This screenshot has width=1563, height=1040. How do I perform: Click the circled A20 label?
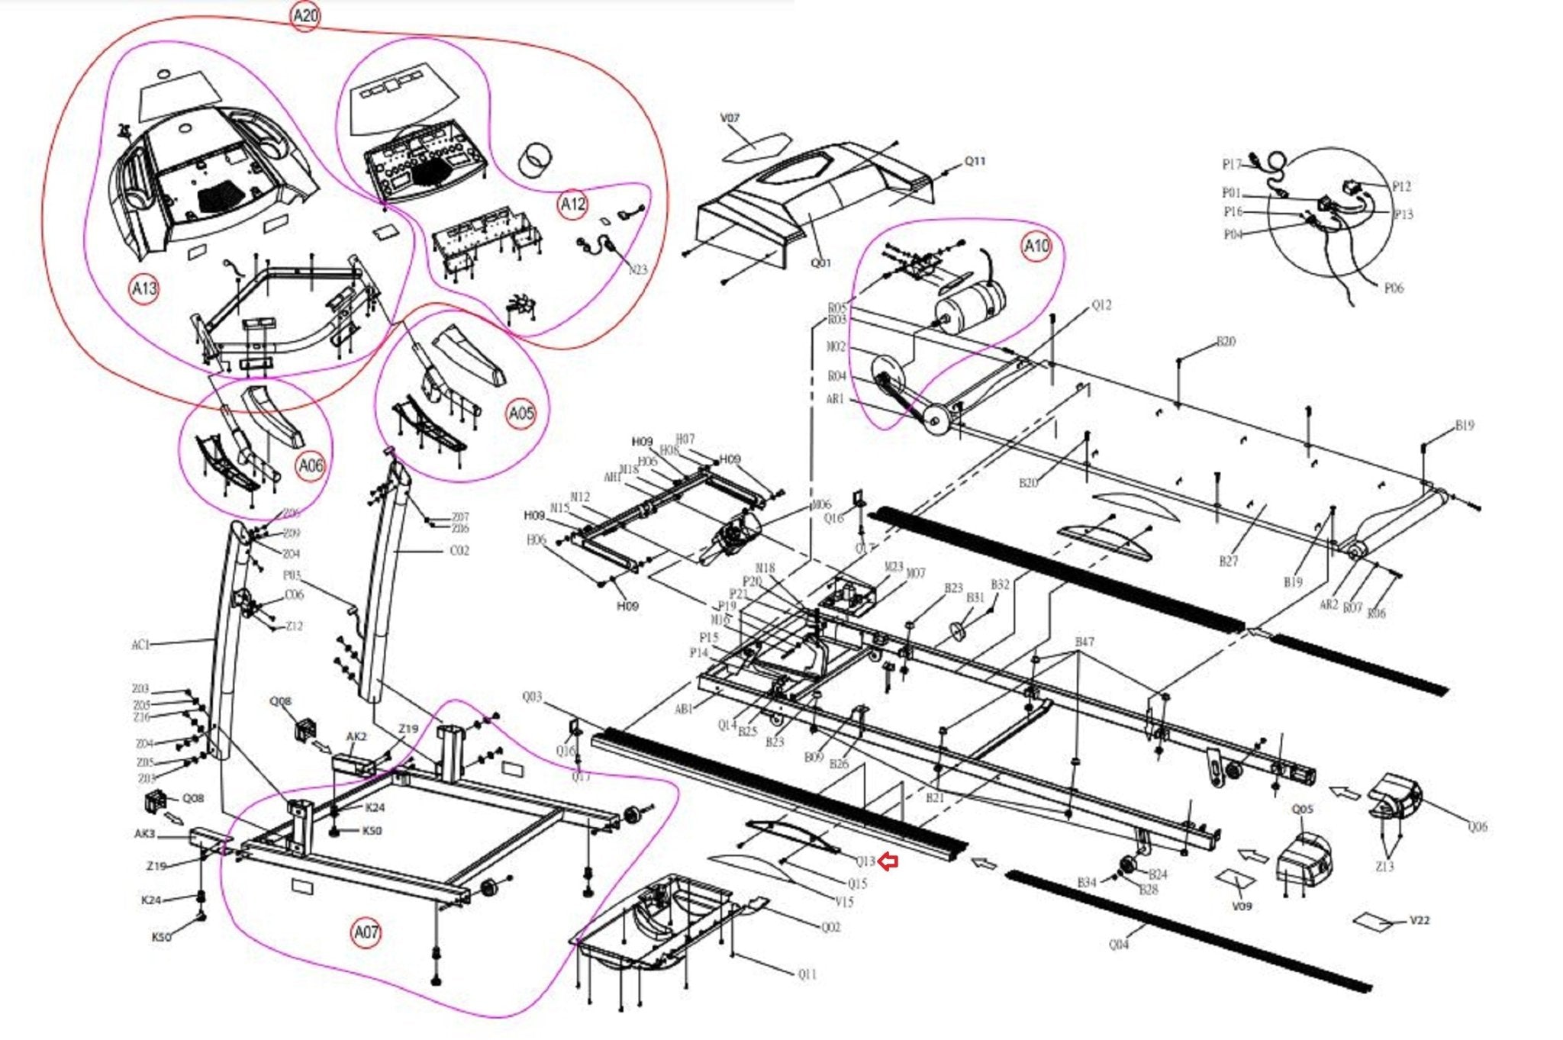coord(305,16)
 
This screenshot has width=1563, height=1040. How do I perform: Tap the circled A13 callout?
coord(143,288)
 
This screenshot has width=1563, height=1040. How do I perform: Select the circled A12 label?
coord(572,204)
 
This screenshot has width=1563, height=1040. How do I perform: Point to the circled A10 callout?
coord(1036,246)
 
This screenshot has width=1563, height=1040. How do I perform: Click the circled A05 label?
coord(520,414)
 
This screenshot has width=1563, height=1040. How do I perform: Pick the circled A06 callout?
coord(311,465)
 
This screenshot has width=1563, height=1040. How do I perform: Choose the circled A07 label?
coord(366,932)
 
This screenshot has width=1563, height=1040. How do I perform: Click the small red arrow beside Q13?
coord(888,861)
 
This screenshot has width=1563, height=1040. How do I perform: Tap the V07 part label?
coord(730,118)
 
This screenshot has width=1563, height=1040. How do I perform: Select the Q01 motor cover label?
coord(820,262)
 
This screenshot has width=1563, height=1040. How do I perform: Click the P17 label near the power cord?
coord(1232,164)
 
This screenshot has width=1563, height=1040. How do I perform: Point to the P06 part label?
coord(1393,288)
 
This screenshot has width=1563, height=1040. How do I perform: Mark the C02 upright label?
coord(459,550)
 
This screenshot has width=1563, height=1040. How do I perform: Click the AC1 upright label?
coord(141,645)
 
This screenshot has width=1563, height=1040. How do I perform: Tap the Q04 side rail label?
coord(1118,944)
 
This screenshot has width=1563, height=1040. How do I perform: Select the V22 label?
coord(1419,920)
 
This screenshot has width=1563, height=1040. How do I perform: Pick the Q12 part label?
coord(1101,305)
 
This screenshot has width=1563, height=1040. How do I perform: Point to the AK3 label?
coord(144,834)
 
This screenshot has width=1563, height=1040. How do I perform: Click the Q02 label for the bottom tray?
coord(830,927)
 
